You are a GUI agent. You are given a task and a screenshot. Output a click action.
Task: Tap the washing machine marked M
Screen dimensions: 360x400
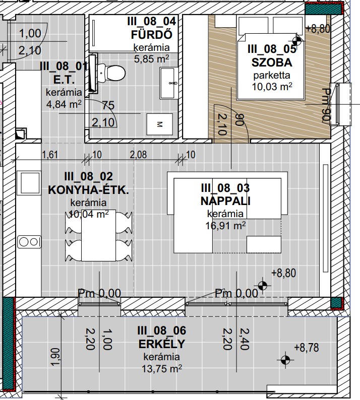point(159,124)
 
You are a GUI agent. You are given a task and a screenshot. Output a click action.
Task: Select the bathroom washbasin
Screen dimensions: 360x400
point(168,83)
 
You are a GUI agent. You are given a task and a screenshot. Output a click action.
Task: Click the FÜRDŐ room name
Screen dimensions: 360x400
point(152,35)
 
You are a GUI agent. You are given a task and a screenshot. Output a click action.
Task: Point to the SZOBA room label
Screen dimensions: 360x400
point(272,62)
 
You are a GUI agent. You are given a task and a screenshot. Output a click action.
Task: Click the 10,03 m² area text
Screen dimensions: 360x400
point(272,87)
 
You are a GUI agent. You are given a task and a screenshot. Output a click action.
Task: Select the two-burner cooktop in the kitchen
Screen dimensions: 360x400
point(29,242)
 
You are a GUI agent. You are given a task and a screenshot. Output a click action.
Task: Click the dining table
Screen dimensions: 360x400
point(98,235)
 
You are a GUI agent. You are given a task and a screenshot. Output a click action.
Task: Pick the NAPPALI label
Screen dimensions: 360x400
point(225,201)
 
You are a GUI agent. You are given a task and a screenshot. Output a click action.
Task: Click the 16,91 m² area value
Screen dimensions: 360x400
point(226,226)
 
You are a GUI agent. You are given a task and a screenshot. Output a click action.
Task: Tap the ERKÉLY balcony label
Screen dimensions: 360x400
point(162,344)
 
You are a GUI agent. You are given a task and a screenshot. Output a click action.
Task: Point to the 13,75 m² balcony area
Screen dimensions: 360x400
point(162,369)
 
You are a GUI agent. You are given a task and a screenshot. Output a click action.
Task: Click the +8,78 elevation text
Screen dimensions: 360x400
point(307,348)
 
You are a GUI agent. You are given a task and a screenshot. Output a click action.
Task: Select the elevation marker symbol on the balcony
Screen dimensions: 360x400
point(285,360)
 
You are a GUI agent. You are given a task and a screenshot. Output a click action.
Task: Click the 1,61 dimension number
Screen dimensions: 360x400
point(50,155)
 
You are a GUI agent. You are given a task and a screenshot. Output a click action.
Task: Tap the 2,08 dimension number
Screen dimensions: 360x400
point(138,155)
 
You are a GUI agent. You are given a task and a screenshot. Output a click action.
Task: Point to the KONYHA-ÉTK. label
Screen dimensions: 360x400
point(88,190)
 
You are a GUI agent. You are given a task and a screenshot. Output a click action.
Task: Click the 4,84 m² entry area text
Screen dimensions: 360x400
point(64,104)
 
